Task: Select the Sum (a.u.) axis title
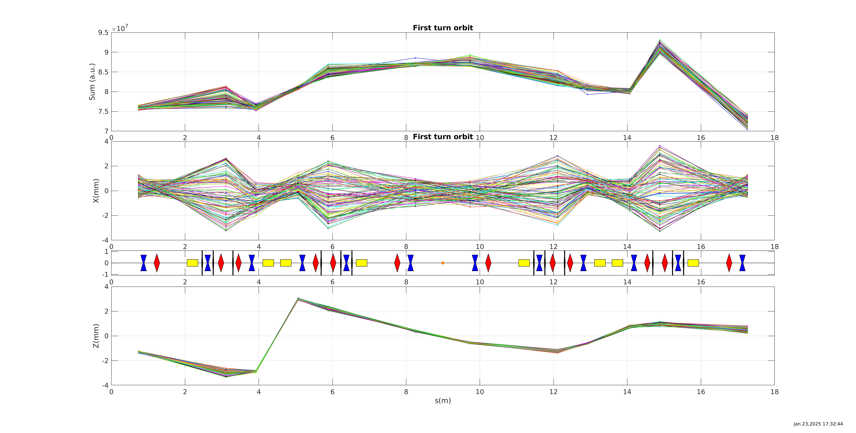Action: (x=92, y=82)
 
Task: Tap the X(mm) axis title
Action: (x=96, y=191)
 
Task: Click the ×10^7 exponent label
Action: (x=120, y=29)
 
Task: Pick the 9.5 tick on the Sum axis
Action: (x=103, y=32)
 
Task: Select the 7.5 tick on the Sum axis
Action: (x=103, y=112)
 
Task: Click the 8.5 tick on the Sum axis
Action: (x=103, y=72)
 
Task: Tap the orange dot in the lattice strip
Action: (x=443, y=263)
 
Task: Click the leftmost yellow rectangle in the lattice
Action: (x=192, y=263)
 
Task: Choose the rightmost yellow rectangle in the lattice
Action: (x=693, y=263)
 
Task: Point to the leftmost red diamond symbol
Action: (x=157, y=263)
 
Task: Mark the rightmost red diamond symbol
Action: (x=729, y=263)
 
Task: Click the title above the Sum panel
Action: (x=443, y=28)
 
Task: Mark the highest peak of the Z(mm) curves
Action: (x=298, y=299)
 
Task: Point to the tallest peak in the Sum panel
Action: (x=660, y=40)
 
